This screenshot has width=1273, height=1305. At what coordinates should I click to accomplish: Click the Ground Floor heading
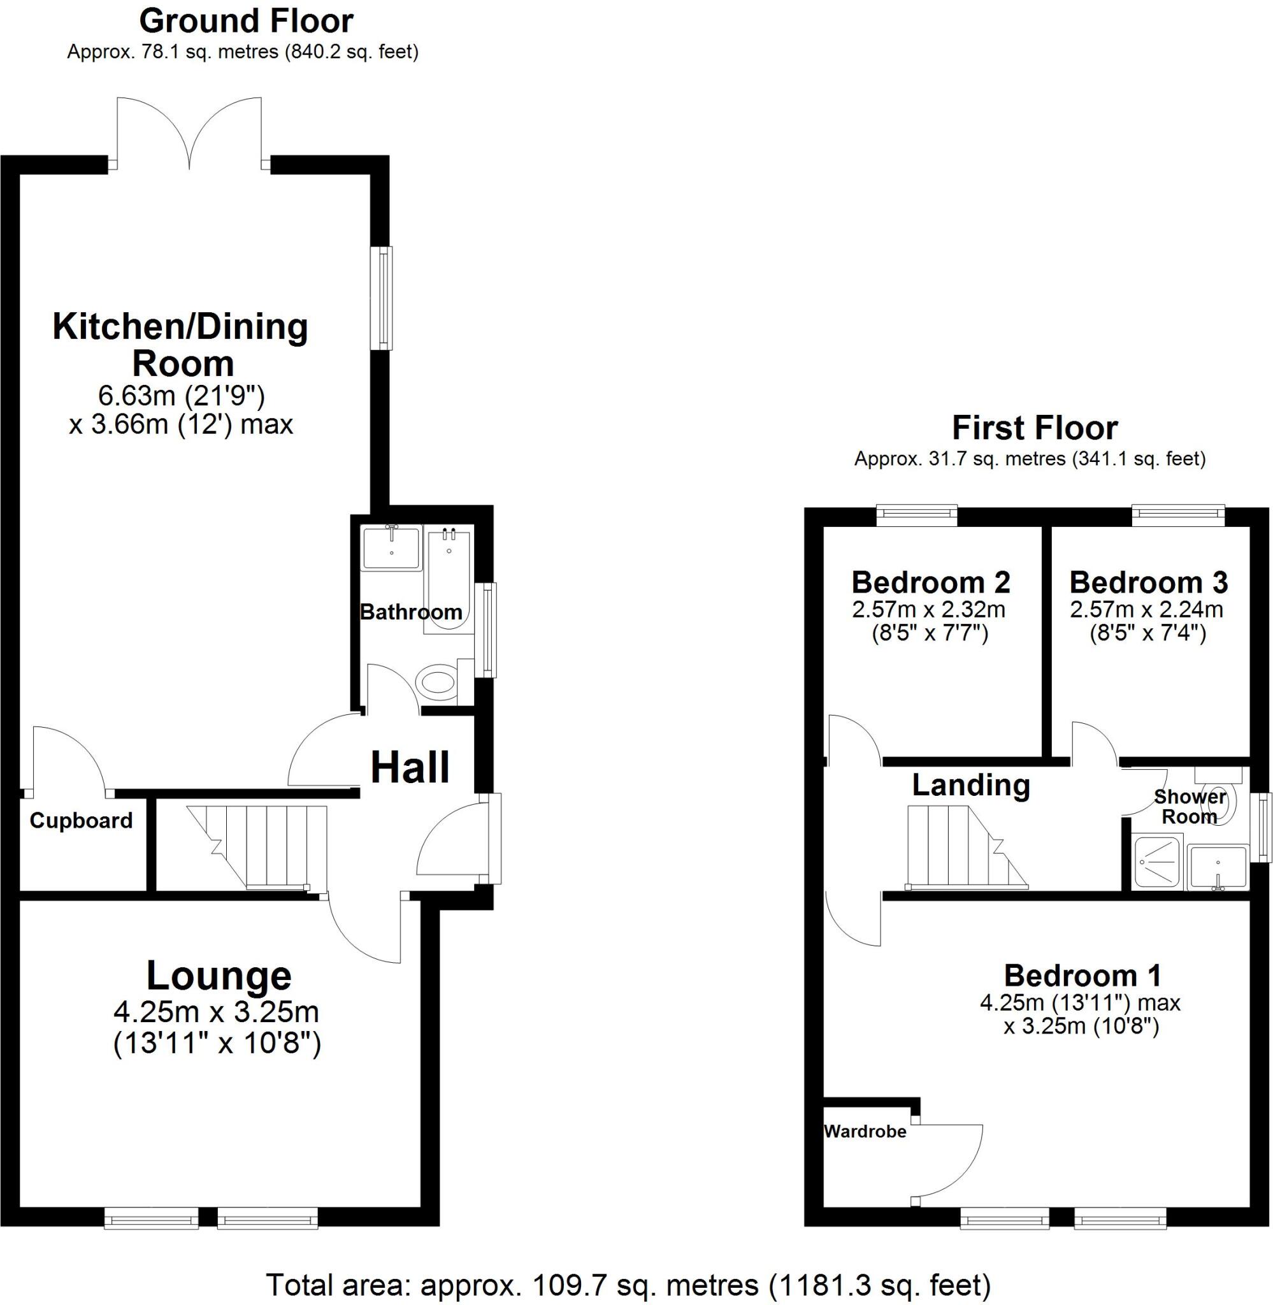coord(246,22)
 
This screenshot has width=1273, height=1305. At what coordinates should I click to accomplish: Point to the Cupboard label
coord(81,821)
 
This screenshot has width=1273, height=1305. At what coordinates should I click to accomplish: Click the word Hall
coord(410,767)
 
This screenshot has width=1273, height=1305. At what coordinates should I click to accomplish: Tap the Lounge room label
coord(219,976)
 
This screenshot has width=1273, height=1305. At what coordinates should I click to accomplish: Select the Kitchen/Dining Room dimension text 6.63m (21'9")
coord(182,396)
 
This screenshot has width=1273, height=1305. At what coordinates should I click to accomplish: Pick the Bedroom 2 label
coord(930,582)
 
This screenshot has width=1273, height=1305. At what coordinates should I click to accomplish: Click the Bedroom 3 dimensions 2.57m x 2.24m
coord(1147,610)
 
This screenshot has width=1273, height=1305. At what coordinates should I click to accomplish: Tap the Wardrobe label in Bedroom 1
coord(865,1131)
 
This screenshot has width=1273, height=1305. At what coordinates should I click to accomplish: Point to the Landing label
coord(971,785)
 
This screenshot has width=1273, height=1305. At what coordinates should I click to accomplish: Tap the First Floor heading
coord(1034,429)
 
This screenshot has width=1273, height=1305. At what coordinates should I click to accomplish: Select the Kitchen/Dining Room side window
coord(382,298)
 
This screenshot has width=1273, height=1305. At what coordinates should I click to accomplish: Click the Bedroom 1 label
coord(1082,976)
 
